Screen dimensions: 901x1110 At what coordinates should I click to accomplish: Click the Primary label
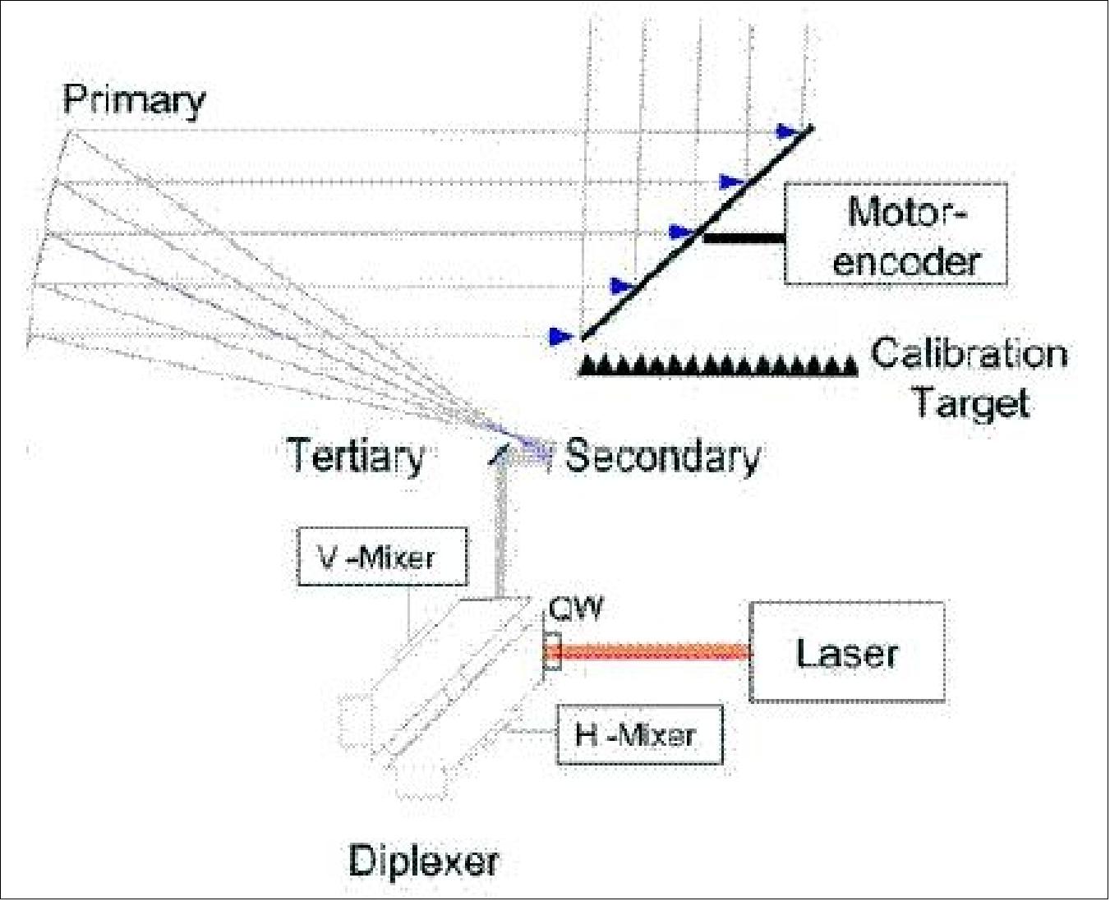click(x=134, y=100)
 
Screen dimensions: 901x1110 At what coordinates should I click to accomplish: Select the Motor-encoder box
click(x=896, y=234)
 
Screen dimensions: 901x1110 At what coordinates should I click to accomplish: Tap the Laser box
click(x=846, y=652)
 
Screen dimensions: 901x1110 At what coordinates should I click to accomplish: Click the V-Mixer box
click(x=382, y=558)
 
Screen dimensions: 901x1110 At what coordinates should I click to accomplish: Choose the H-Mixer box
click(x=639, y=734)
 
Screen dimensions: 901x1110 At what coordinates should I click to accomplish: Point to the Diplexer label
click(x=423, y=861)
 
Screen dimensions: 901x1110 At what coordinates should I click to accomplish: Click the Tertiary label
click(x=355, y=455)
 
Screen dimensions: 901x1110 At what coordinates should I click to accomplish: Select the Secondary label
click(x=662, y=456)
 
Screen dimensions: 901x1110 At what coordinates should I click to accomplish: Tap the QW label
click(x=575, y=609)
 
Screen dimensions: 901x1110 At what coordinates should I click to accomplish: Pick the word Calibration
click(x=970, y=353)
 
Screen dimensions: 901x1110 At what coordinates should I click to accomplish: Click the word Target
click(x=971, y=402)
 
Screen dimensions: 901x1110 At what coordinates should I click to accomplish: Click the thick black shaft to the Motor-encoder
click(x=744, y=238)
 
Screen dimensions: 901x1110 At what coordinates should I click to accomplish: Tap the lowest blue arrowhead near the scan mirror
click(x=560, y=335)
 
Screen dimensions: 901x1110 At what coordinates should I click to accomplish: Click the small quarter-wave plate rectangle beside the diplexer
click(x=552, y=652)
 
